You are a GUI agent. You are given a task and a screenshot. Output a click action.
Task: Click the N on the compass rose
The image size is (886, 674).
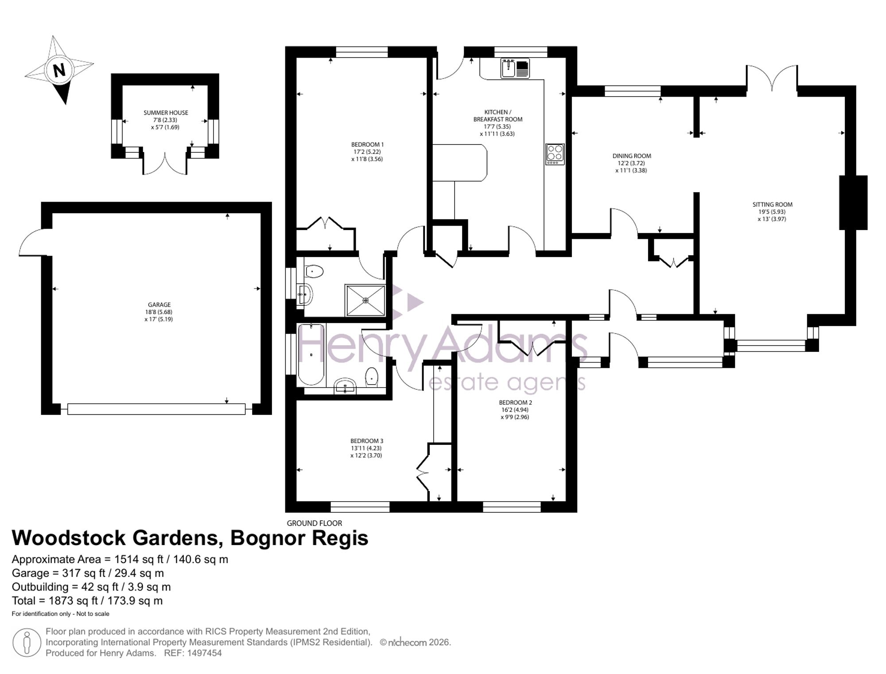coord(59,70)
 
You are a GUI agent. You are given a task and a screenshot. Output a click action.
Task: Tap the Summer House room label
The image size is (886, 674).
coord(166,113)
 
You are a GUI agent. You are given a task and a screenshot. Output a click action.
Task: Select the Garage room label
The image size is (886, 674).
coord(159,304)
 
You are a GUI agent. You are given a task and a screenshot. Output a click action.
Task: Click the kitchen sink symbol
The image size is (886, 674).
coord(515,68)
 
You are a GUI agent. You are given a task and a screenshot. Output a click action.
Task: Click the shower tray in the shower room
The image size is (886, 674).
coord(365,300)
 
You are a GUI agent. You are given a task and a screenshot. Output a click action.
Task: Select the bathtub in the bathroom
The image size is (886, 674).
coord(311,355)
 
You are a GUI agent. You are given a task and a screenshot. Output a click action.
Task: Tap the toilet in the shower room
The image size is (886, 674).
coord(314,271)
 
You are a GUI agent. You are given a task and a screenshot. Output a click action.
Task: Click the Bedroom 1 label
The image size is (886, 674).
coord(367,144)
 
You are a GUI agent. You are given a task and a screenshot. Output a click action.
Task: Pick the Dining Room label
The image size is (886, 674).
coord(632,156)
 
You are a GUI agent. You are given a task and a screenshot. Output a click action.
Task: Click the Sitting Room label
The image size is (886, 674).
coord(772,204)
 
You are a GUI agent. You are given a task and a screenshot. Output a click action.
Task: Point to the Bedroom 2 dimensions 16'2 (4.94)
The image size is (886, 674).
coord(515,410)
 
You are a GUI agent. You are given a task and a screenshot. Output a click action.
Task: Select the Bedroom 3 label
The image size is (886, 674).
coord(367,441)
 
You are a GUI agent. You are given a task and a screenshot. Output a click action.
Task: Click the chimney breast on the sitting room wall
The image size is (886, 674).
coord(853,203)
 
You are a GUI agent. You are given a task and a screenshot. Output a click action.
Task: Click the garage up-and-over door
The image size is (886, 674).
coord(156,409)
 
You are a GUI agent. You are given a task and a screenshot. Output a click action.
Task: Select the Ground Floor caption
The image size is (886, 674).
coord(315,523)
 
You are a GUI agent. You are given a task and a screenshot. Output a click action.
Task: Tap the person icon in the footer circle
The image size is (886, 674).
coord(27,643)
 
